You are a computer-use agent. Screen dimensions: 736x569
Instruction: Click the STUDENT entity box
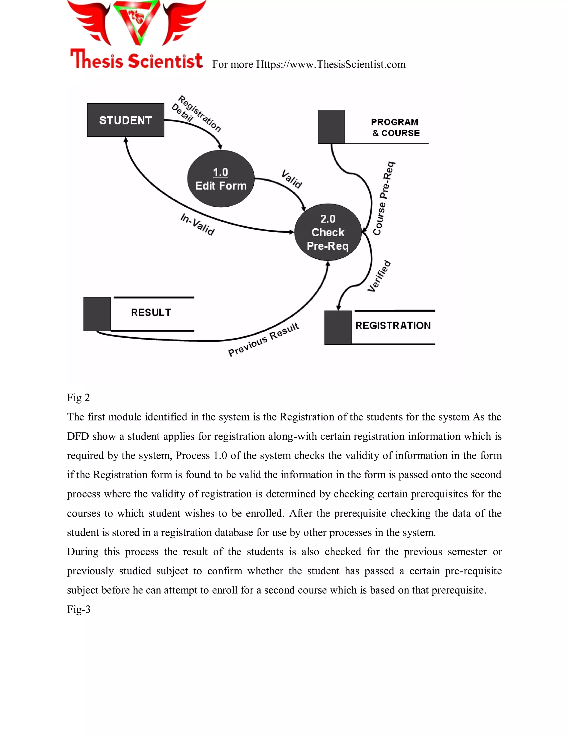click(x=125, y=120)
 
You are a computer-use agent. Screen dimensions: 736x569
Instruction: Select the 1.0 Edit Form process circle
click(x=221, y=179)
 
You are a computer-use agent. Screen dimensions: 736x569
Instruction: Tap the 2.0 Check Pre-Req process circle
click(x=328, y=232)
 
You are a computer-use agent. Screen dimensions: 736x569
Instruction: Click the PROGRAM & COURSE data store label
click(x=395, y=127)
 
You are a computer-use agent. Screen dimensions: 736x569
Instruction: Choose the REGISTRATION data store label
click(x=393, y=326)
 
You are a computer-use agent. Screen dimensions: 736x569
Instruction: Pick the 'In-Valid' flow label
click(x=198, y=225)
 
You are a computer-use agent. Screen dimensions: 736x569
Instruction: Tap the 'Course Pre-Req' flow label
click(x=384, y=199)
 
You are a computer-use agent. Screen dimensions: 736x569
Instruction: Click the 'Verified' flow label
click(x=379, y=276)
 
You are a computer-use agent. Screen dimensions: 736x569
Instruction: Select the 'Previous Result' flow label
click(x=264, y=340)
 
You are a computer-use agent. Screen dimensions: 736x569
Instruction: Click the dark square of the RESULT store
click(x=97, y=314)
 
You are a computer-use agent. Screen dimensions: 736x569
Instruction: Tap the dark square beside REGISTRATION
click(x=338, y=327)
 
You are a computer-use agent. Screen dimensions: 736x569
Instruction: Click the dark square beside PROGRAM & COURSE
click(x=331, y=127)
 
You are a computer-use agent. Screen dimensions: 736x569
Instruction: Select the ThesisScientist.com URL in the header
click(x=331, y=64)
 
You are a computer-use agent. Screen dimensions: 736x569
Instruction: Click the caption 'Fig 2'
click(x=78, y=398)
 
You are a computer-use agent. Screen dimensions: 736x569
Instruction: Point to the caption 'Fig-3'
click(x=79, y=609)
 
